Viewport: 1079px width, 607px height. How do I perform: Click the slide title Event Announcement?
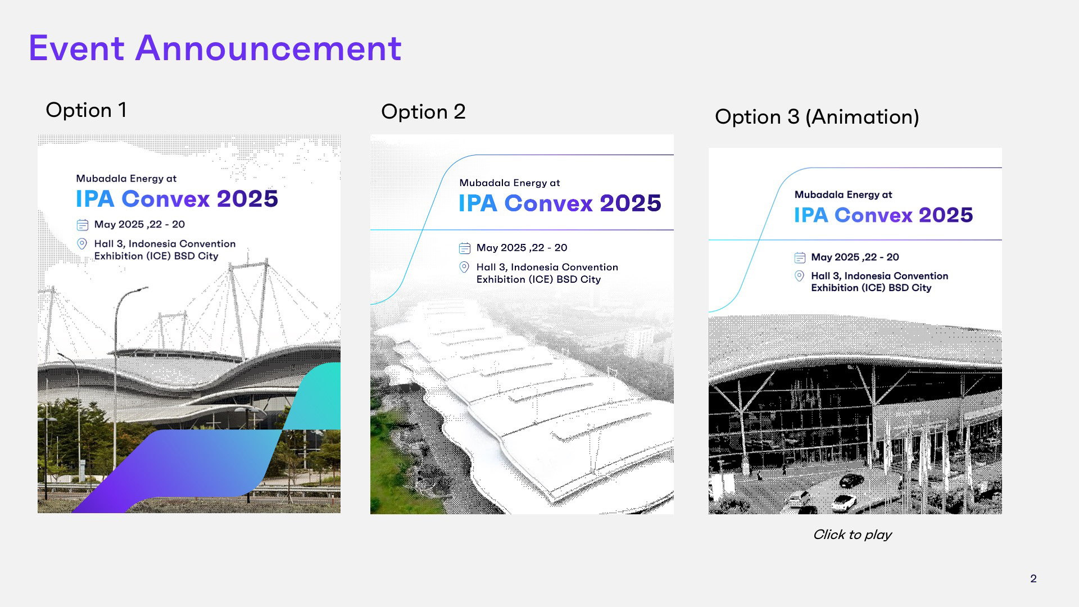[215, 48]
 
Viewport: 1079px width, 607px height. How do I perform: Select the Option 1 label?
[86, 110]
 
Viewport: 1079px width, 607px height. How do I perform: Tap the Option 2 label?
[423, 111]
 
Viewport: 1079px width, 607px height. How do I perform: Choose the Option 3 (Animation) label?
[817, 117]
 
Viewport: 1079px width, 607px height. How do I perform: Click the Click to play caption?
[852, 534]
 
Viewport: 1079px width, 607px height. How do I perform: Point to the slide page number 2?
[1033, 578]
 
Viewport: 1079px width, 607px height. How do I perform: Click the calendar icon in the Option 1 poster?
[83, 225]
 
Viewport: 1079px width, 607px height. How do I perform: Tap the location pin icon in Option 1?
[82, 244]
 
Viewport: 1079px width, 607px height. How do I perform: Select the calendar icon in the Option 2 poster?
[465, 248]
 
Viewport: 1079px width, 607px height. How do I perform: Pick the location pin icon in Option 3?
[799, 276]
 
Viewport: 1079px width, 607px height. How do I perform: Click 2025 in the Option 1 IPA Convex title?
[247, 198]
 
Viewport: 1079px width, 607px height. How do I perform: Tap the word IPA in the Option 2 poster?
[478, 203]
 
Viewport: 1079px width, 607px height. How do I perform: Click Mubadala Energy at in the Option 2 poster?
[510, 183]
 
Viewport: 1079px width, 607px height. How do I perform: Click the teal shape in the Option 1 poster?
[315, 396]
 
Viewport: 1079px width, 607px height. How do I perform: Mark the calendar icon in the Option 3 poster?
[800, 257]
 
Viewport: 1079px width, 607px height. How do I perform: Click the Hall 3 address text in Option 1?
[165, 250]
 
